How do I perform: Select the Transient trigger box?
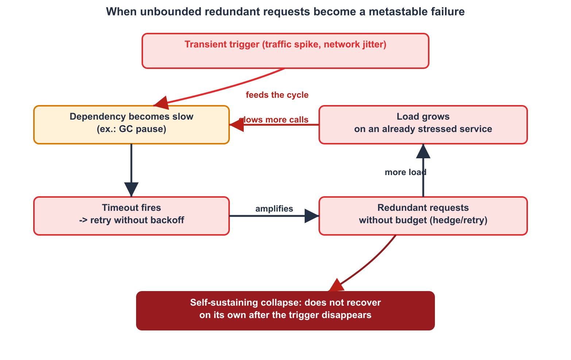click(x=285, y=51)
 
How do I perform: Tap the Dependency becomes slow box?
click(x=132, y=125)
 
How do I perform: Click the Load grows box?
click(x=423, y=125)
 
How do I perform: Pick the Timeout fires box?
click(x=132, y=216)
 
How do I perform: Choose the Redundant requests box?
click(x=423, y=216)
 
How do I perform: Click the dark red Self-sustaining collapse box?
click(x=285, y=311)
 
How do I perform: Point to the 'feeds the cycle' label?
click(x=277, y=95)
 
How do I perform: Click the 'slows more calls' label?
click(x=274, y=120)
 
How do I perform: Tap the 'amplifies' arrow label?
click(x=274, y=209)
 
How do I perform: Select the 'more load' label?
click(x=406, y=172)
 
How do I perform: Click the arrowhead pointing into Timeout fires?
click(x=131, y=190)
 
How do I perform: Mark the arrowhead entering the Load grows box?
click(x=423, y=151)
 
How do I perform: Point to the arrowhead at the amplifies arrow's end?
click(x=312, y=216)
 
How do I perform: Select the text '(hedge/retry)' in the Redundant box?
click(x=458, y=220)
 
